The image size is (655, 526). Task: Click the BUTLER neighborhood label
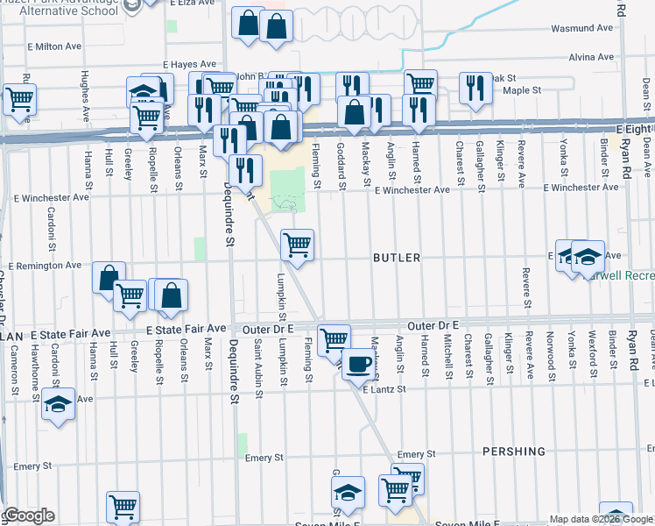click(x=397, y=258)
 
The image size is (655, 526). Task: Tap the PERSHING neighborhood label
click(x=513, y=451)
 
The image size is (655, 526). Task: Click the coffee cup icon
click(x=356, y=363)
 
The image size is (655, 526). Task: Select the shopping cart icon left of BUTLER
click(x=298, y=245)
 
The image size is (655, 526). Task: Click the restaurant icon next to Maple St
click(x=474, y=88)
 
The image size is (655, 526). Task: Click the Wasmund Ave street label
click(x=582, y=28)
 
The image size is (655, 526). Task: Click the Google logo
click(x=28, y=515)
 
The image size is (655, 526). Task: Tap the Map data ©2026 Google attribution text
click(x=601, y=519)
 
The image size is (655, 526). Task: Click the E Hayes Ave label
click(x=188, y=64)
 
